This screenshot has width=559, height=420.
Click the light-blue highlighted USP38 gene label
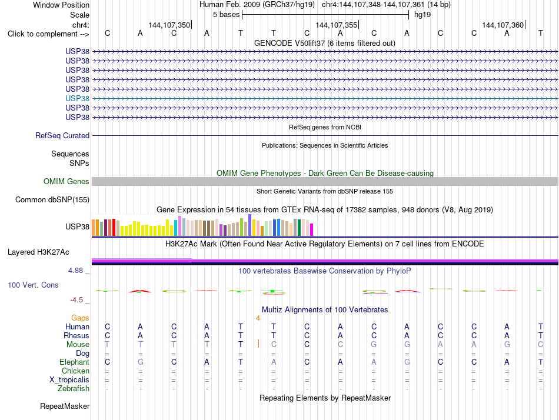[x=77, y=98]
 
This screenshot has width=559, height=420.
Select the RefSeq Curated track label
[x=62, y=135]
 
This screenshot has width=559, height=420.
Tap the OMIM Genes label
[x=66, y=182]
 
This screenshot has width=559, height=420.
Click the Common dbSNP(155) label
[x=52, y=199]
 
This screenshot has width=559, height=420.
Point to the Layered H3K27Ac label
[x=38, y=252]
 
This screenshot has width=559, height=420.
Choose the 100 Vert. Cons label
[x=33, y=285]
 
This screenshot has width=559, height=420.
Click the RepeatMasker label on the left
[x=65, y=406]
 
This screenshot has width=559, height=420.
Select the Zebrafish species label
[x=74, y=389]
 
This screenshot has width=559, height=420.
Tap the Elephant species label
[x=75, y=362]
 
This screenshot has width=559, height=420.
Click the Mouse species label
[x=78, y=345]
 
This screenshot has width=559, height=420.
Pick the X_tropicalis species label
[x=69, y=380]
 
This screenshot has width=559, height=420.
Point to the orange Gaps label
[x=80, y=318]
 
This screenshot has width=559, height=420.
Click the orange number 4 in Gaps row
[x=258, y=318]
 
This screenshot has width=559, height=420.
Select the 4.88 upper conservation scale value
[x=75, y=271]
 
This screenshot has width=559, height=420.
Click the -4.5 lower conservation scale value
[x=76, y=300]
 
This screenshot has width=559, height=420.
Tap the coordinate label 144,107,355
[x=336, y=25]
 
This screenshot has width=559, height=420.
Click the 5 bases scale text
[x=227, y=15]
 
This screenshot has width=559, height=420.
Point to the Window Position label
[x=61, y=5]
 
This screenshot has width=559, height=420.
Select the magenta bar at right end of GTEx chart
[x=312, y=229]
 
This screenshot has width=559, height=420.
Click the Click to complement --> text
[x=48, y=34]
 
